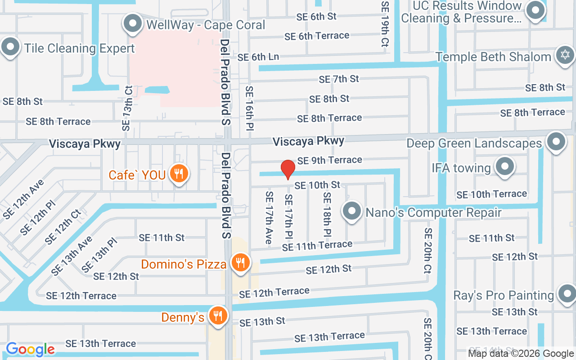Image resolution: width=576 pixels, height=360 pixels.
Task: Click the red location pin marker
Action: click(288, 170)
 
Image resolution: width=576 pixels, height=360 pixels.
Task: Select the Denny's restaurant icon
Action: click(218, 316)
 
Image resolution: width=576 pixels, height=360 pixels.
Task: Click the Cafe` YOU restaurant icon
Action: click(179, 174)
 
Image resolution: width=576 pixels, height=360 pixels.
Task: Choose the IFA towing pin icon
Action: click(504, 166)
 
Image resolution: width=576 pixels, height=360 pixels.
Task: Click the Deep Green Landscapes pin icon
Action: click(556, 142)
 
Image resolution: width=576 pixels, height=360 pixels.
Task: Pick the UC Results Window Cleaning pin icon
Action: click(535, 11)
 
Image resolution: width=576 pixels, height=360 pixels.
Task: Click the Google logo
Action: click(30, 349)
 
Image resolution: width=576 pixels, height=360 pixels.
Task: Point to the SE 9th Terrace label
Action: click(329, 160)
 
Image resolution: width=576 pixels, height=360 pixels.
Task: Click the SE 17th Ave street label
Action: click(269, 218)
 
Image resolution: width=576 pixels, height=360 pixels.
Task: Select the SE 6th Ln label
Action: click(258, 57)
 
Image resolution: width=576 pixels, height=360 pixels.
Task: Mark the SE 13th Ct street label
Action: click(127, 108)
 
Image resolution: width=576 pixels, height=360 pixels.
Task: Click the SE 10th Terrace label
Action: click(491, 194)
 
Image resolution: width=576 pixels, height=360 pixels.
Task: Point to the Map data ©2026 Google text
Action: click(521, 354)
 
